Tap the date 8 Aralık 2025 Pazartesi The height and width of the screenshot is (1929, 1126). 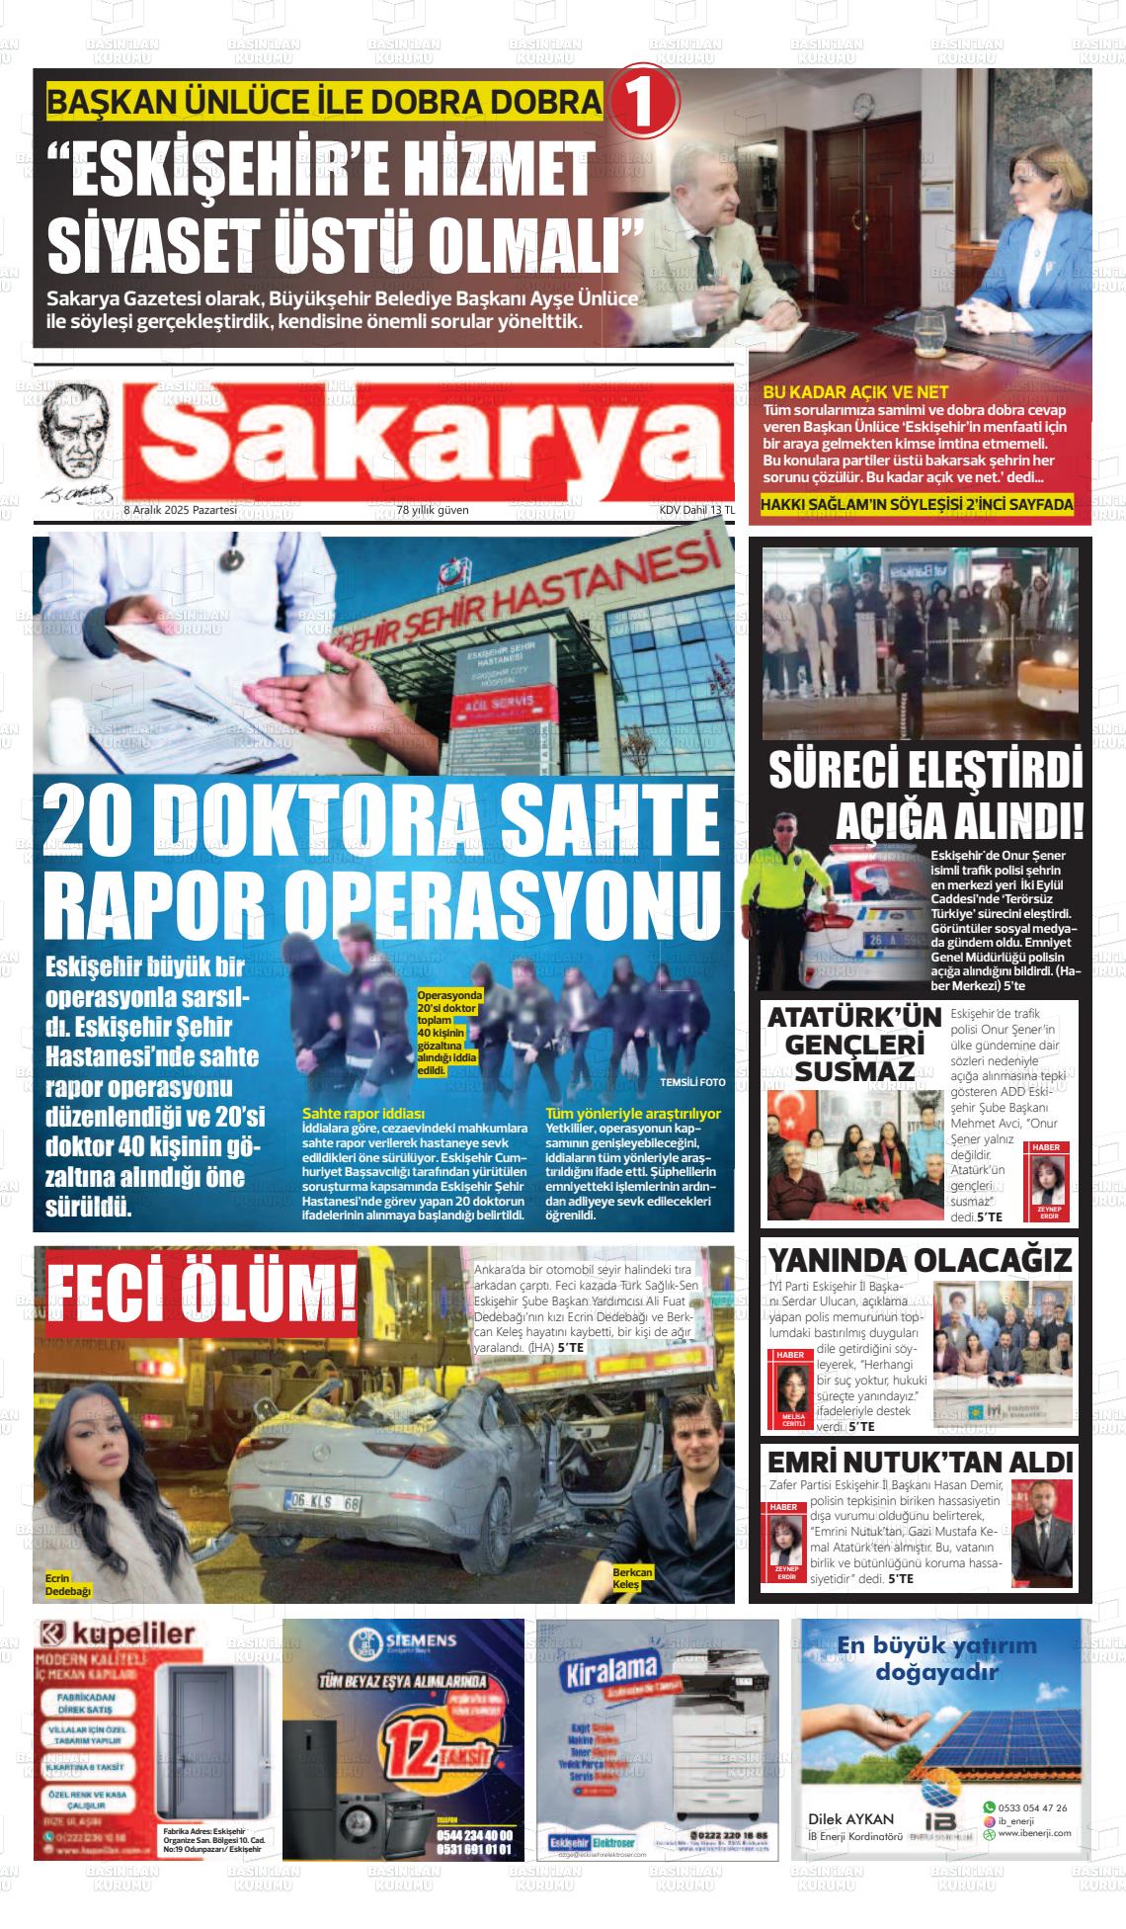click(x=180, y=510)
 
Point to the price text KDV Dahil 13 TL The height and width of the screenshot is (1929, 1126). click(x=697, y=510)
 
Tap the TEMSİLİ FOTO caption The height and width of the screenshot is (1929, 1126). click(x=692, y=1082)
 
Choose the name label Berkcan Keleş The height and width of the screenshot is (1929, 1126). click(x=632, y=1578)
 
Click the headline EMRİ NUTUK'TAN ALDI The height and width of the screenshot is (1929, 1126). click(x=921, y=1463)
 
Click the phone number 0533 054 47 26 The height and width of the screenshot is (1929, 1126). click(x=1033, y=1807)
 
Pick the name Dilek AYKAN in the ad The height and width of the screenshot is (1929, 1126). click(x=850, y=1819)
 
